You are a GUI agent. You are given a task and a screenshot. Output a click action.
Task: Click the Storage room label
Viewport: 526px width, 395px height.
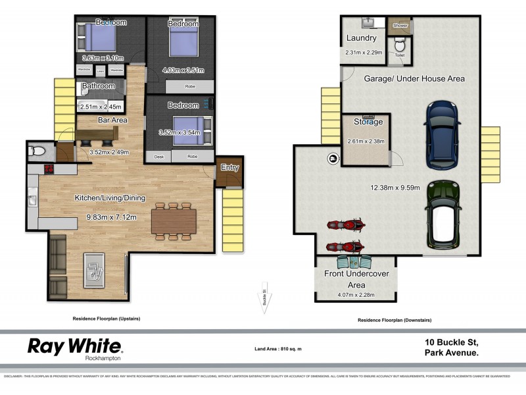(368, 122)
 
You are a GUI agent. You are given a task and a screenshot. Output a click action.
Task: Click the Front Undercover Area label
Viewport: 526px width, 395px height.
(354, 279)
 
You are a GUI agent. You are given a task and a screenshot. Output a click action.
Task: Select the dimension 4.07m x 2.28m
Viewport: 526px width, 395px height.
(353, 295)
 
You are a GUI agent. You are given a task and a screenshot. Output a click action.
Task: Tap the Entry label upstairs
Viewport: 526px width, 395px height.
(229, 167)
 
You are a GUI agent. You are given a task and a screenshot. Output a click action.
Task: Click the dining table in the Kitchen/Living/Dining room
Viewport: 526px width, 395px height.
(174, 221)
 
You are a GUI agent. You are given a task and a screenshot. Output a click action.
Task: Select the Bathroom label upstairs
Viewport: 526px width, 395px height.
(99, 86)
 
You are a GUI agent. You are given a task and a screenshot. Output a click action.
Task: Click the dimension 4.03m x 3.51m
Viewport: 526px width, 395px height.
(183, 70)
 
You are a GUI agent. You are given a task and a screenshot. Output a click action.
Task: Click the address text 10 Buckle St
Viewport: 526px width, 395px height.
(451, 342)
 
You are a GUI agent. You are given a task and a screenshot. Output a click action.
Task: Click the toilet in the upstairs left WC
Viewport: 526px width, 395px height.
(38, 151)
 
